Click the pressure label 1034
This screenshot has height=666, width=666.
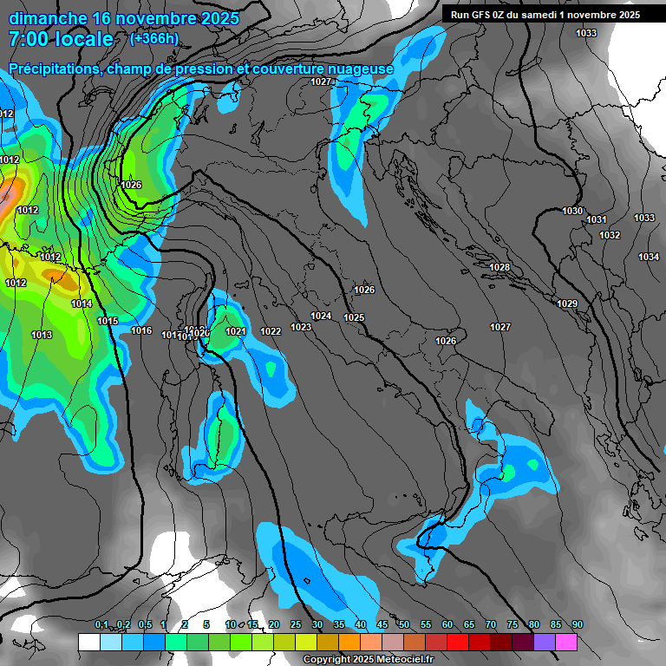649,257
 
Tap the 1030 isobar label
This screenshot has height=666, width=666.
572,212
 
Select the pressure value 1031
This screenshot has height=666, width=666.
596,220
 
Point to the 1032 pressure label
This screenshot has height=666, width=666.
610,236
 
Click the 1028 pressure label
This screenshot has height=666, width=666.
499,268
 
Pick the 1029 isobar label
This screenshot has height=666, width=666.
567,304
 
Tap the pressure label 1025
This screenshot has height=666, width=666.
354,318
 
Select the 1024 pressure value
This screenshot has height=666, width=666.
322,317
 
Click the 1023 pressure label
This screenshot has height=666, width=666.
301,327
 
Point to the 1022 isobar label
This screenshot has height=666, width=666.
271,332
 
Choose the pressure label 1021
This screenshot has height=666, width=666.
236,332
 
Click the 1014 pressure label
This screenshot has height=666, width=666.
82,304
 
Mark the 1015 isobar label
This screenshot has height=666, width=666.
108,322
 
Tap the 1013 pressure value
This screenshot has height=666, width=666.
42,336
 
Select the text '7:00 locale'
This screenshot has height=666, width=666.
61,39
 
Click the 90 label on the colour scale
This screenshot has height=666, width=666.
577,624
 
